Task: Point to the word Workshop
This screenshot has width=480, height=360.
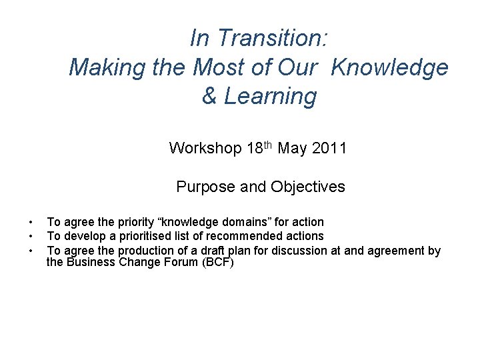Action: pos(205,147)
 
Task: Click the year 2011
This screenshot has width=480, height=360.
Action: pos(329,147)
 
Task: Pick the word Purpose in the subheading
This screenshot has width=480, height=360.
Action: pos(203,187)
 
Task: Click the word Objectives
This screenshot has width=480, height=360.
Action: pos(308,187)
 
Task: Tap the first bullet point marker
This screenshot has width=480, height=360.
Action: pos(30,222)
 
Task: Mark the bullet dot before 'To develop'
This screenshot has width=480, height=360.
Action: pos(30,236)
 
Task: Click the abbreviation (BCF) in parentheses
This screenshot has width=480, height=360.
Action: pos(215,262)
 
